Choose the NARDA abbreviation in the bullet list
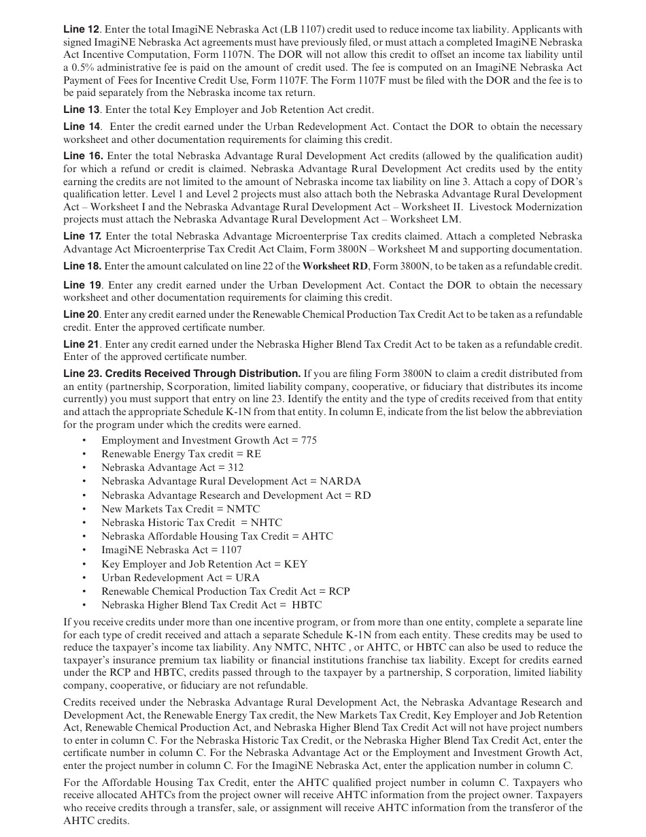[340, 481]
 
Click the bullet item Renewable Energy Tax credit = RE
[181, 454]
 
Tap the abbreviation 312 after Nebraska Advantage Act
[234, 467]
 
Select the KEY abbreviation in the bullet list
[296, 564]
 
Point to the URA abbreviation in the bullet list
[247, 578]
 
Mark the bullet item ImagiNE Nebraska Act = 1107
[171, 550]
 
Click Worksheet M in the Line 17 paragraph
[443, 249]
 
